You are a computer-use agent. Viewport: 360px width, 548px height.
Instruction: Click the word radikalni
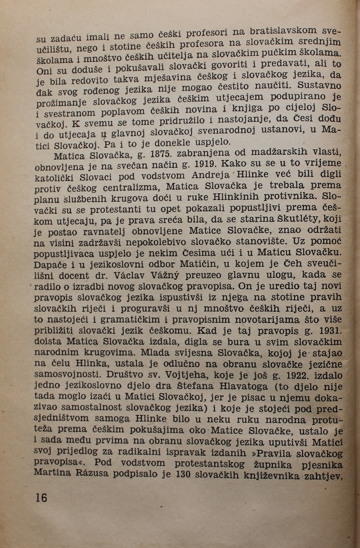click(x=148, y=454)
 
